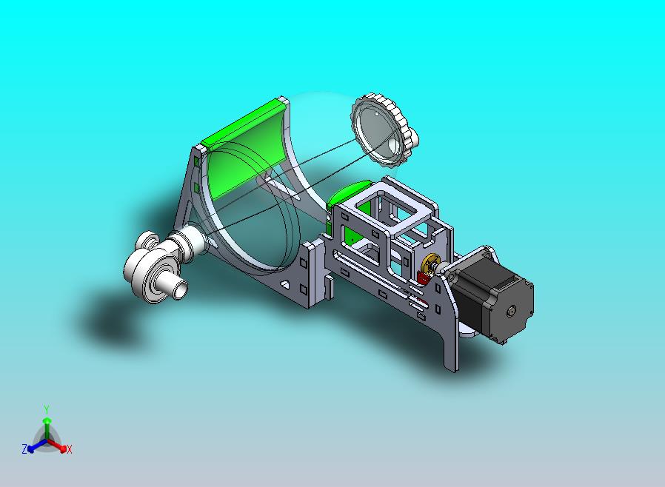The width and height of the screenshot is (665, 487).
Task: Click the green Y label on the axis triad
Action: [x=46, y=409]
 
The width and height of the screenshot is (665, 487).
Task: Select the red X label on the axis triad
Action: [x=69, y=449]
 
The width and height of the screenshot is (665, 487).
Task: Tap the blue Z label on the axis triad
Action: [x=24, y=449]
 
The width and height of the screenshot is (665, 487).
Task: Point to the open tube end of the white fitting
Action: [x=178, y=289]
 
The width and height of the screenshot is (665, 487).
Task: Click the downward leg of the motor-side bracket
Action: [x=451, y=348]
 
